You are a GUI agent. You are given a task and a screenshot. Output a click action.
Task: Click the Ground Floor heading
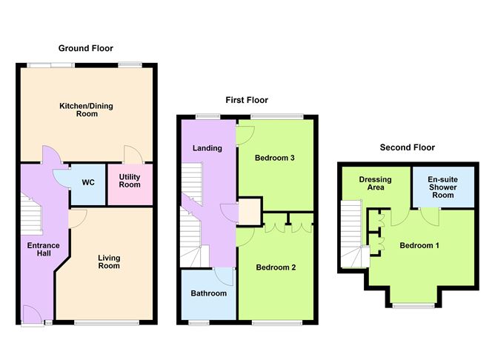[x=85, y=48]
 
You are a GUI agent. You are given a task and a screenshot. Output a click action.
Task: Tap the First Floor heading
[x=247, y=100]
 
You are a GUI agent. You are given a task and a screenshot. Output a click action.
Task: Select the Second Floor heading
[x=408, y=147]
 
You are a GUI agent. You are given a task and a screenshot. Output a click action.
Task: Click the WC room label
[x=88, y=182]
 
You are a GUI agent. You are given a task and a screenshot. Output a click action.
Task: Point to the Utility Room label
[x=130, y=181]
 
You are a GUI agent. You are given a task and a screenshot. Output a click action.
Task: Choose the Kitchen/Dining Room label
[x=86, y=110]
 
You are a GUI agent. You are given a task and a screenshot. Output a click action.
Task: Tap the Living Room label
[x=109, y=262]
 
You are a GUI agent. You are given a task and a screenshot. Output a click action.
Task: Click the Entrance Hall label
[x=43, y=249]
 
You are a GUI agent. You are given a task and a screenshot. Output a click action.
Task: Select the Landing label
[x=207, y=148]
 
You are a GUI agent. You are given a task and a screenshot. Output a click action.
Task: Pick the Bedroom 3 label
[x=275, y=158]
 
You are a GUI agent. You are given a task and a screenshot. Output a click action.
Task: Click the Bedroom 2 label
[x=276, y=267]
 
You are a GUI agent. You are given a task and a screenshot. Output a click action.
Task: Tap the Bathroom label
[x=209, y=293]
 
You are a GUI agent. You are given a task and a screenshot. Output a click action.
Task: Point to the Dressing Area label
[x=376, y=183]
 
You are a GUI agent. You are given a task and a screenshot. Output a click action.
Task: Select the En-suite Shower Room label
[x=442, y=187]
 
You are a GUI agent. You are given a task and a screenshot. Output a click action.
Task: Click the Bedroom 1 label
[x=419, y=245]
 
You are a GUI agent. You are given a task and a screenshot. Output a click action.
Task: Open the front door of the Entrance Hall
[x=33, y=314]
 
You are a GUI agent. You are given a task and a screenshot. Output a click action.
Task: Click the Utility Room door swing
[x=133, y=154]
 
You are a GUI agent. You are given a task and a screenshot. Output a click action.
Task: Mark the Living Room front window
[x=107, y=323]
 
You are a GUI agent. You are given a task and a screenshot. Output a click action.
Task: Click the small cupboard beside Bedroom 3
[x=250, y=211]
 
